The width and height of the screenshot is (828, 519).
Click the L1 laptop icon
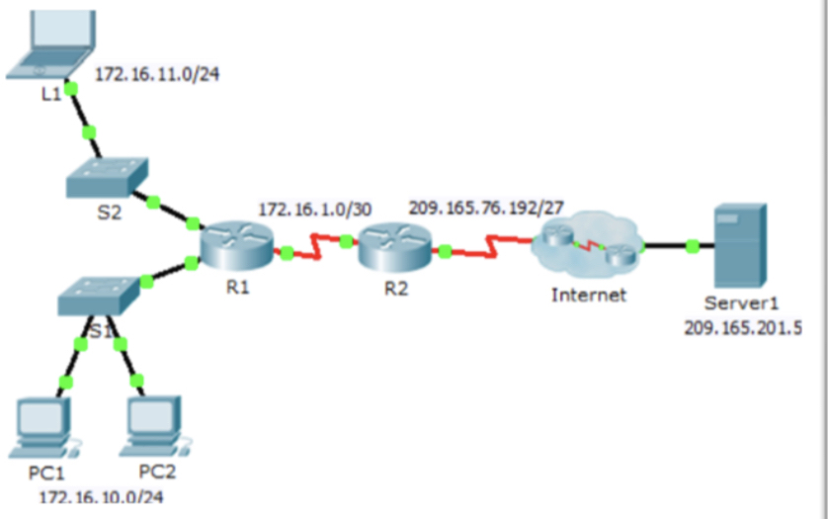point(51,44)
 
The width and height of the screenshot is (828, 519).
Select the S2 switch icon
point(107,177)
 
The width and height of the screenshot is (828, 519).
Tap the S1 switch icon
point(99,296)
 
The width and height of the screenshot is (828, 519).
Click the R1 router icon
point(236,247)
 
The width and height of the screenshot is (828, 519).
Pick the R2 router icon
point(395,247)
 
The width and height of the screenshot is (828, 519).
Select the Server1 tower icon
point(740,245)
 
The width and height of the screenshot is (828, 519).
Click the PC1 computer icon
point(44,428)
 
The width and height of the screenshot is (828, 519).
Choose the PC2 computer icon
point(156,426)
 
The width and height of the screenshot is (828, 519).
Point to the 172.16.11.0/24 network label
point(157,74)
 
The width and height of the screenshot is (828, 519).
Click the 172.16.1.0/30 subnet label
point(315,210)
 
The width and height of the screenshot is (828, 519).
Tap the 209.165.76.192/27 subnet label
point(486,208)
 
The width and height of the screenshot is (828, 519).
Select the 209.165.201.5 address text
point(743,328)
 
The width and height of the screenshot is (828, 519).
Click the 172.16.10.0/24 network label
point(102,497)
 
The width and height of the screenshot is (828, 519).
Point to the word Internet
point(589,295)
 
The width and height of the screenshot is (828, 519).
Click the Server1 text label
point(741,303)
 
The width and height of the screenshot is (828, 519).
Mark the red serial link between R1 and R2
point(316,246)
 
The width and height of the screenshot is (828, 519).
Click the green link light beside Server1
point(693,246)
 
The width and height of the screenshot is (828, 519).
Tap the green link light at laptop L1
point(71,89)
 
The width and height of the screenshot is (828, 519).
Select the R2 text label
point(396,289)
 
